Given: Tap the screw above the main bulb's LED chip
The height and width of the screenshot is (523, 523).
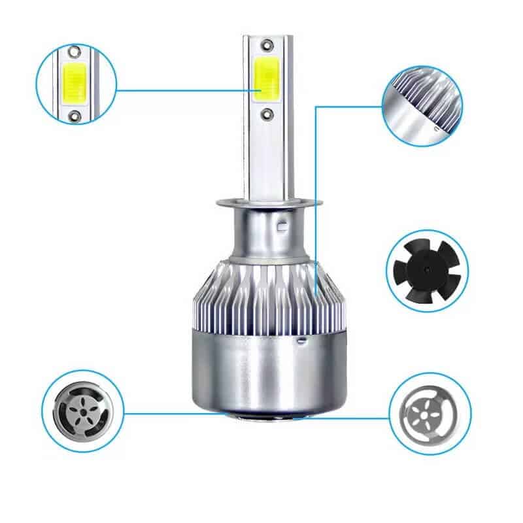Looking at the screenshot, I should point(267,44).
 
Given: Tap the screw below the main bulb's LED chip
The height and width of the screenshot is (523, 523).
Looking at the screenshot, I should point(267,113).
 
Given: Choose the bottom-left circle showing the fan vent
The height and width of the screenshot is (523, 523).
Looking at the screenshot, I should point(82,410).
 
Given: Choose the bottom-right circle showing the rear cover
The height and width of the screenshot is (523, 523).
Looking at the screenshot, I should point(430,413).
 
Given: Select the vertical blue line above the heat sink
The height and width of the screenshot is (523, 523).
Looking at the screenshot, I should point(316,196).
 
